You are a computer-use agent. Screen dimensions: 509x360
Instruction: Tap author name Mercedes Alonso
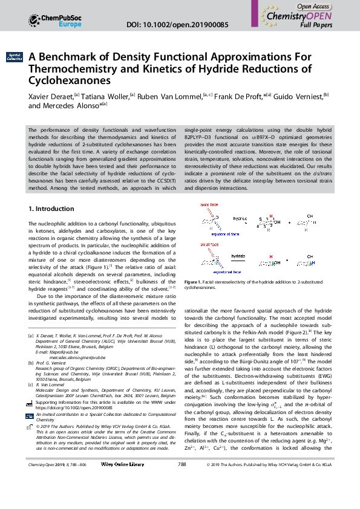72,105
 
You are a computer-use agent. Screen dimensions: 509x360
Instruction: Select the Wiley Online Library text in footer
123,498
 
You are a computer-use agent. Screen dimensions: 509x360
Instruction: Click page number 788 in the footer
182,498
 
